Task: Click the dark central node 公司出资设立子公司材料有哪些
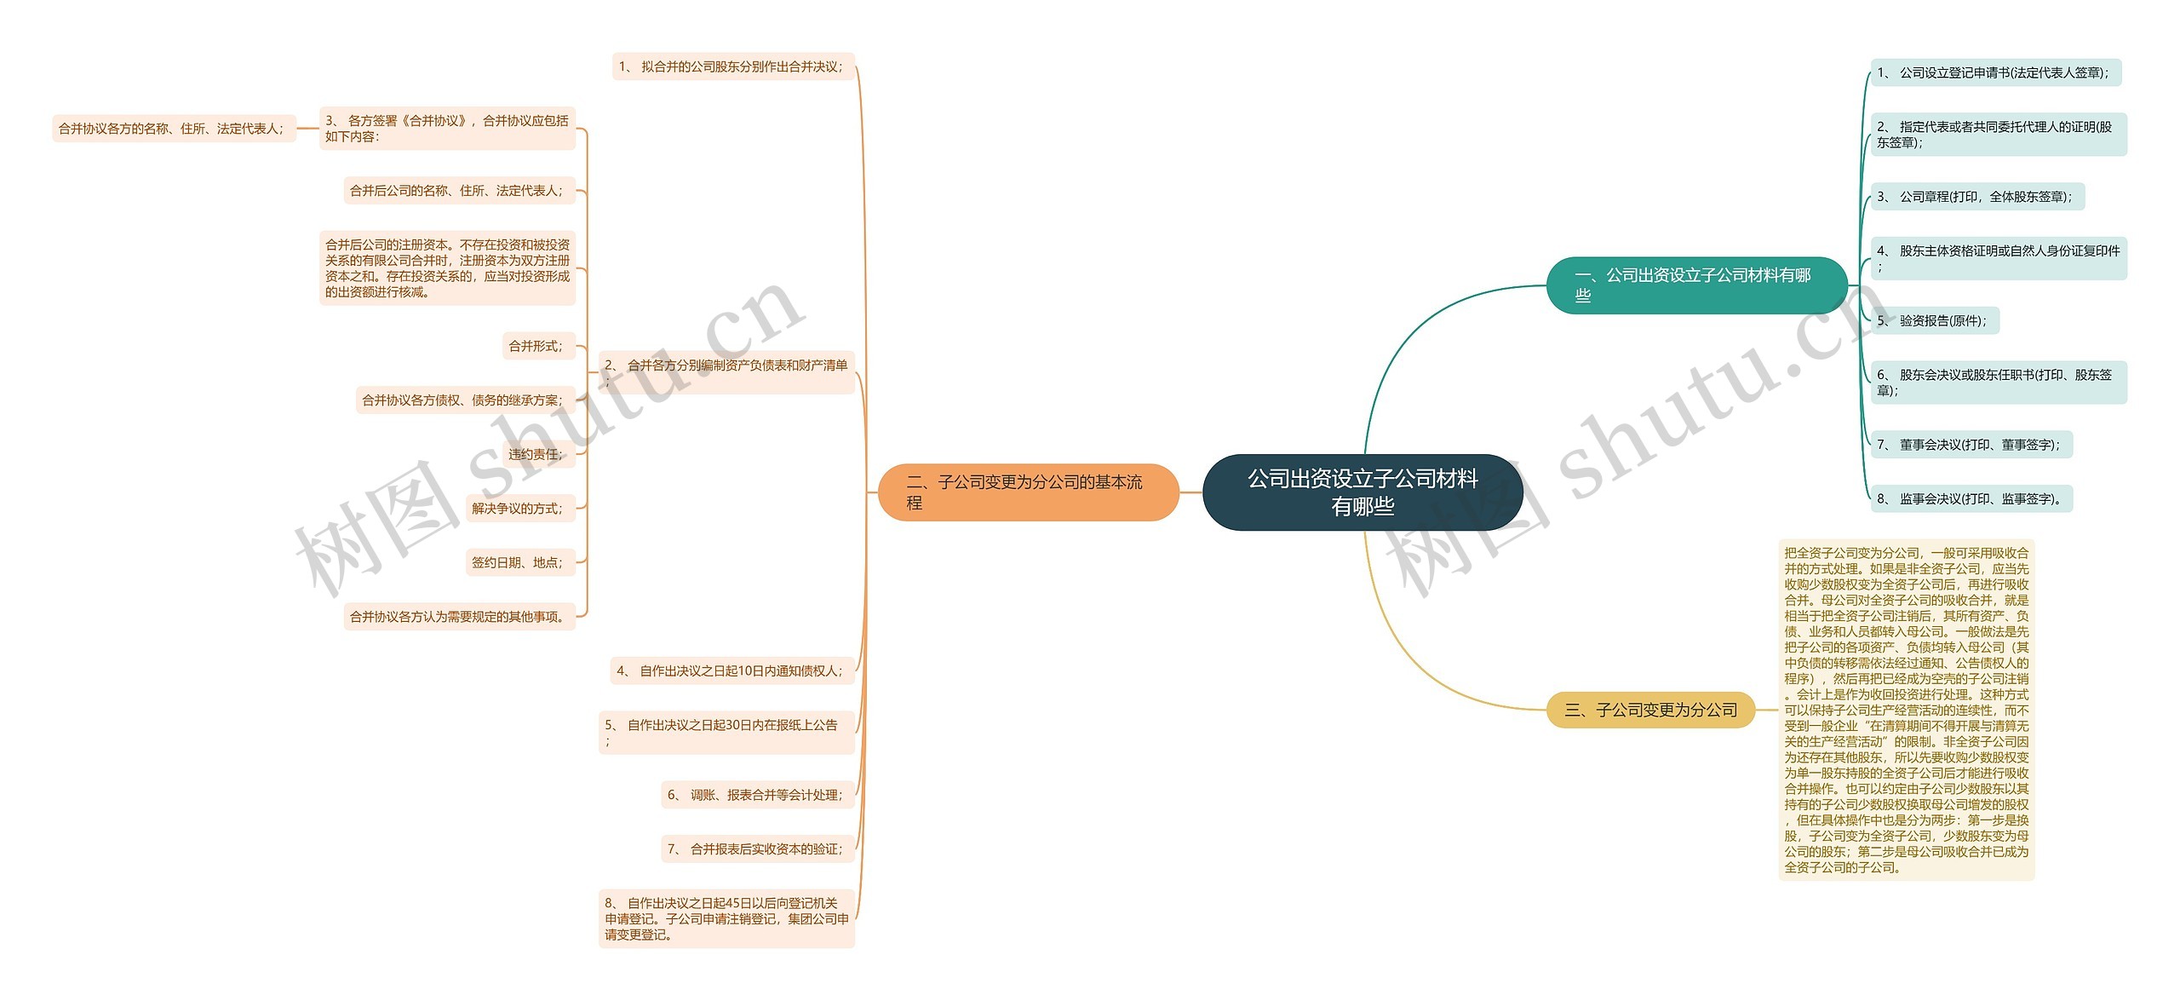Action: click(1362, 492)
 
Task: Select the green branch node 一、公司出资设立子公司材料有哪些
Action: click(1695, 285)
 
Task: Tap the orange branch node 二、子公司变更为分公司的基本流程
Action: click(1027, 492)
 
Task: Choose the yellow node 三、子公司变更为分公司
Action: click(1650, 710)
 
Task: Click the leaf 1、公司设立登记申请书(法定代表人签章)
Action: click(1994, 73)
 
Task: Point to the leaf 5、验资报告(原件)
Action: click(1933, 321)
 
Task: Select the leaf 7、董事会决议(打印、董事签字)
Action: click(1970, 445)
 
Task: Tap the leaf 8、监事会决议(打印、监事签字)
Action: click(1970, 499)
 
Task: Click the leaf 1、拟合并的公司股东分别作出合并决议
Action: click(732, 66)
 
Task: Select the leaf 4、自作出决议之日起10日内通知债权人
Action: click(731, 671)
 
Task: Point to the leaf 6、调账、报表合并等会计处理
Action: click(756, 795)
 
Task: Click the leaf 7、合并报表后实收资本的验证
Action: click(756, 849)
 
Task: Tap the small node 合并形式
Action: click(536, 346)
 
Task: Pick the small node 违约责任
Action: click(536, 454)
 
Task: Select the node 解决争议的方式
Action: click(519, 509)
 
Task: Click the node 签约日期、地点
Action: click(519, 562)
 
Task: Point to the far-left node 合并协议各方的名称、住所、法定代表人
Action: click(173, 129)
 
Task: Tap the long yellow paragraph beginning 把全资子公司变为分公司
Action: click(1906, 710)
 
